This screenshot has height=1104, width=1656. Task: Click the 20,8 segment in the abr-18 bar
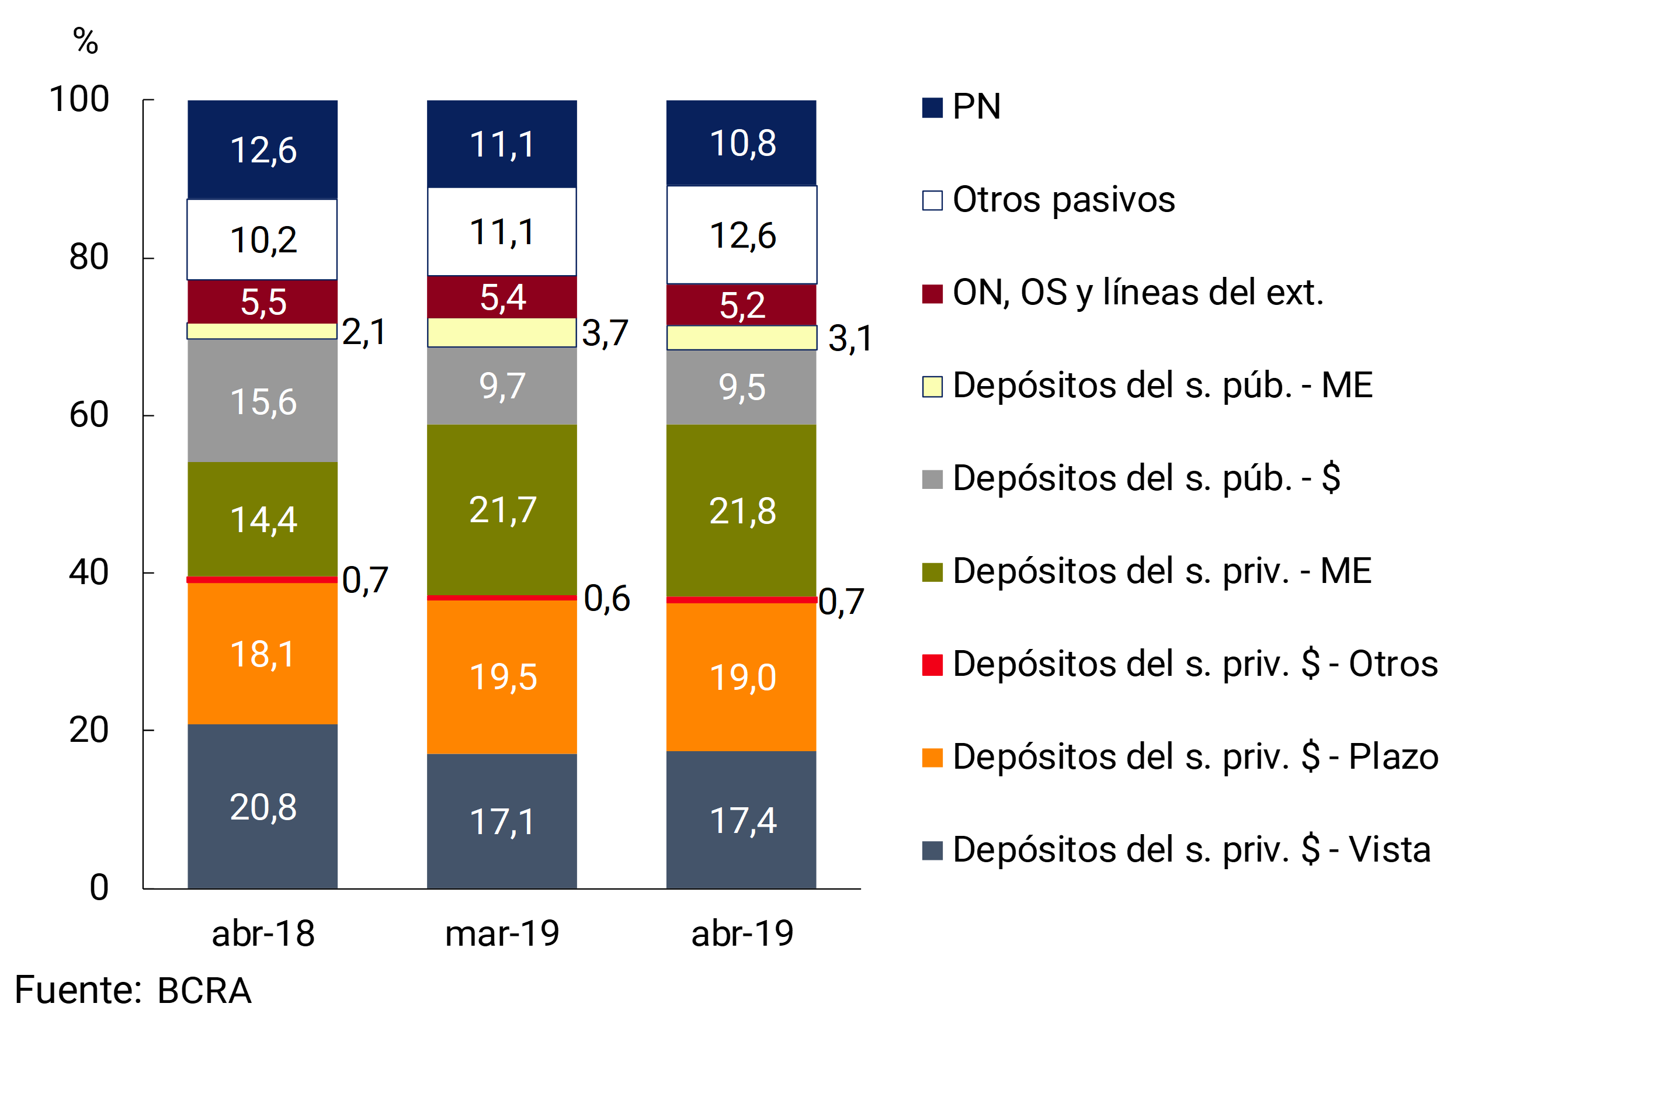coord(263,807)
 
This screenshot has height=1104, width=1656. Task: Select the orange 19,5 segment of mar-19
coord(502,676)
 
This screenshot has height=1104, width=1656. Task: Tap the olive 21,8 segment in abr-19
coord(741,511)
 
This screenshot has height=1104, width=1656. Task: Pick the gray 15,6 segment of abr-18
coord(263,401)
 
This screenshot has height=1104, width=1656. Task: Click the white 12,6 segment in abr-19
coord(741,235)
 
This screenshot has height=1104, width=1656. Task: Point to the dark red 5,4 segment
coord(502,297)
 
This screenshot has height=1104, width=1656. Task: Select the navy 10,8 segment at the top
coord(741,143)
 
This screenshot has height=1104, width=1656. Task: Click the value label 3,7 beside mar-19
coord(605,333)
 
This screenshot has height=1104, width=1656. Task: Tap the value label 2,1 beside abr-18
coord(364,332)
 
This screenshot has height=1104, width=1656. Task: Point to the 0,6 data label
coord(606,599)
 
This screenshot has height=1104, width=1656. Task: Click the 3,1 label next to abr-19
coord(850,339)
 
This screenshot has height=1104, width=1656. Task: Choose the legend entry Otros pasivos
coord(1063,200)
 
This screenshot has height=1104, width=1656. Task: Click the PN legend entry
coord(976,107)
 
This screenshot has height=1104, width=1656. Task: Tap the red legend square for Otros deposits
coord(932,665)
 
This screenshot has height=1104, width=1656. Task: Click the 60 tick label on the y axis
coord(89,415)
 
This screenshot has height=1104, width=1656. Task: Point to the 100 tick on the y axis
coord(79,99)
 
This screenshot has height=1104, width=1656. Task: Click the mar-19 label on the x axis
coord(502,933)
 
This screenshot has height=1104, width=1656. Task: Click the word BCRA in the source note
coord(204,991)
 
